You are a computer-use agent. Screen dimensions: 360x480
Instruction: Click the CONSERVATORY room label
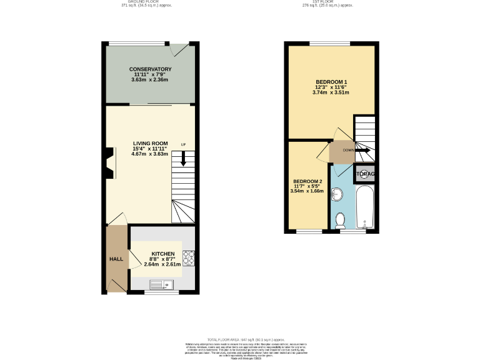click(150, 69)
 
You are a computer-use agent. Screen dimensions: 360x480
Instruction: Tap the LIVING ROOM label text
click(150, 143)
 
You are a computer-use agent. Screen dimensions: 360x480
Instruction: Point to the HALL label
click(117, 259)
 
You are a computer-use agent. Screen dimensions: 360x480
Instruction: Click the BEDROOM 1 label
click(331, 81)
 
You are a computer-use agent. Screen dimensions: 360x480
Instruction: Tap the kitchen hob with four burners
click(188, 257)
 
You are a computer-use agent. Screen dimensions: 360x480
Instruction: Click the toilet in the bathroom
click(341, 221)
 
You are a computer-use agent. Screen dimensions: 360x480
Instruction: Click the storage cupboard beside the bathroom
click(365, 174)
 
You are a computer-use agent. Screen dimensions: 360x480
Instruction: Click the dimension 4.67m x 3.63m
click(150, 155)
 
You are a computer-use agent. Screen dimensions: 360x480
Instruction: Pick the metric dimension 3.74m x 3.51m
click(331, 92)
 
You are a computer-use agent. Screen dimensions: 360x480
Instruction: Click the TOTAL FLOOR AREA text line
click(240, 338)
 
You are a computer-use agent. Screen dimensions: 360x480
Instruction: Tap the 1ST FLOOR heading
click(328, 2)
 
